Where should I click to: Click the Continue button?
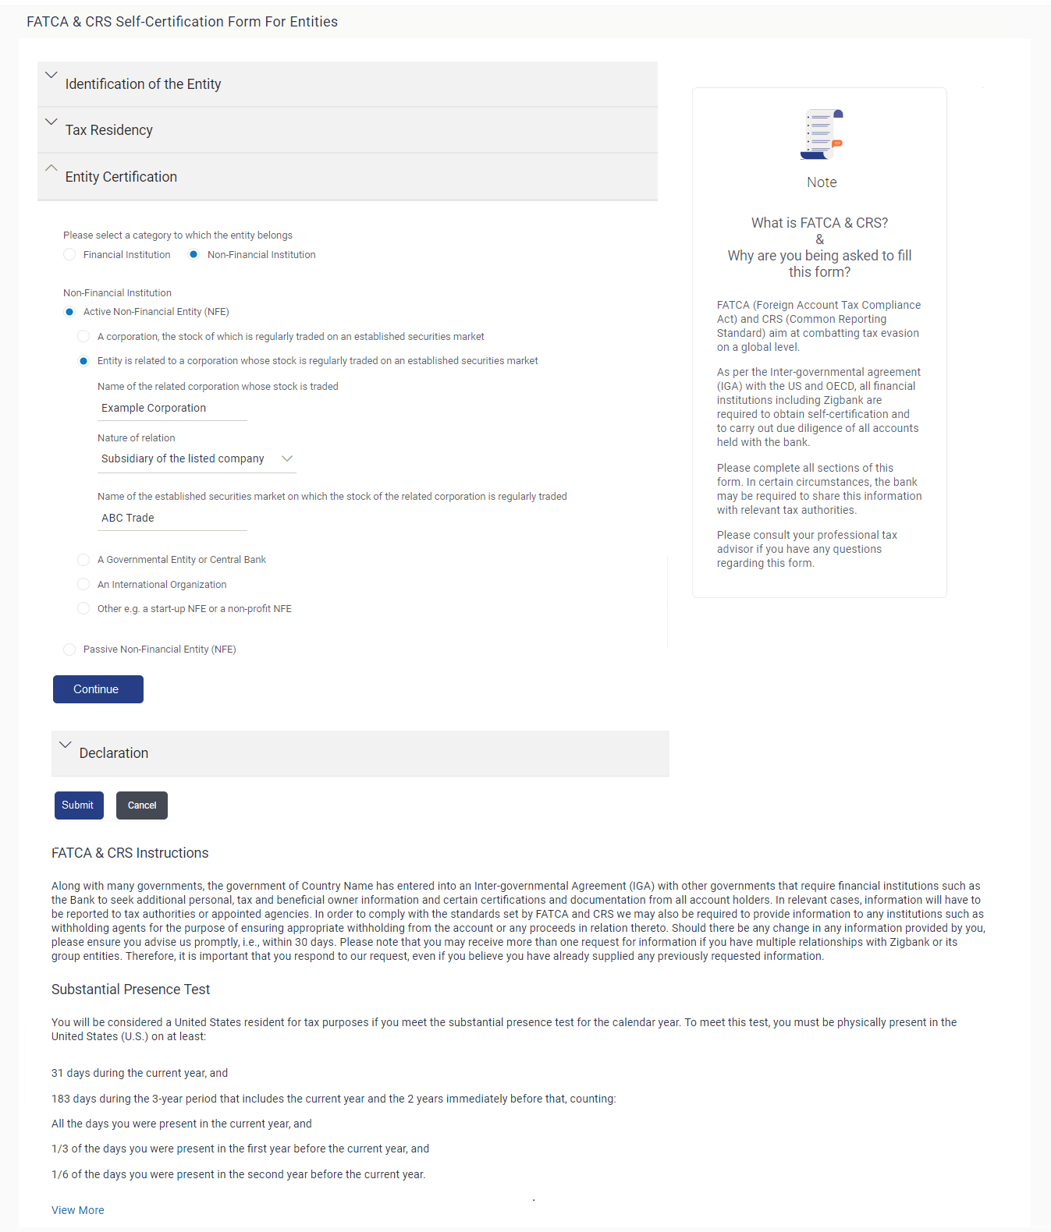tap(98, 689)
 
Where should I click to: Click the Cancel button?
tap(142, 805)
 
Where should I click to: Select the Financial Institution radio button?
tap(70, 255)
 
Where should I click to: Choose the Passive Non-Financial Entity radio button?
tap(70, 650)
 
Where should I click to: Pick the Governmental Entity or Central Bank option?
tap(83, 560)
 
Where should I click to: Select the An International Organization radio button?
tap(83, 585)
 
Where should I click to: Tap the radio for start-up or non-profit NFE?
tap(83, 609)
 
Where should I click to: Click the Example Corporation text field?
tap(172, 409)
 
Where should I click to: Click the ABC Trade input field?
tap(172, 519)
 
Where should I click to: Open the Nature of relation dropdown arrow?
tap(287, 458)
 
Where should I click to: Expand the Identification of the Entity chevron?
tap(51, 76)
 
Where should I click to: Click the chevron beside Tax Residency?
tap(51, 122)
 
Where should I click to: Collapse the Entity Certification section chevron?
tap(51, 168)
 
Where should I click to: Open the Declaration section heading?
tap(114, 753)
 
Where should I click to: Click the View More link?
tap(78, 1210)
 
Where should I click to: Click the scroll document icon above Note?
tap(822, 135)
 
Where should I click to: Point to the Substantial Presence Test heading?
tap(131, 989)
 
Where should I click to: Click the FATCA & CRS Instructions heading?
tap(130, 853)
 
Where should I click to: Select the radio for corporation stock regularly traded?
tap(83, 337)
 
